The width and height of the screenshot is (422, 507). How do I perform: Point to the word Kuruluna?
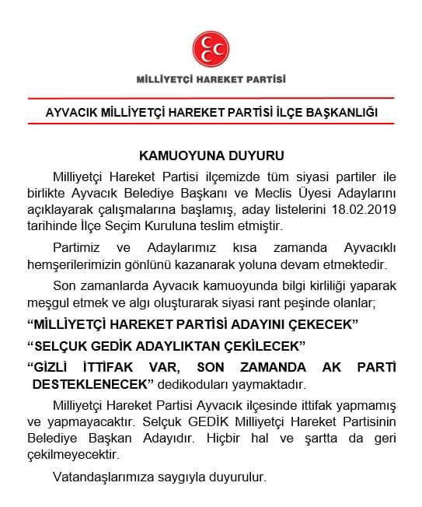click(220, 226)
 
